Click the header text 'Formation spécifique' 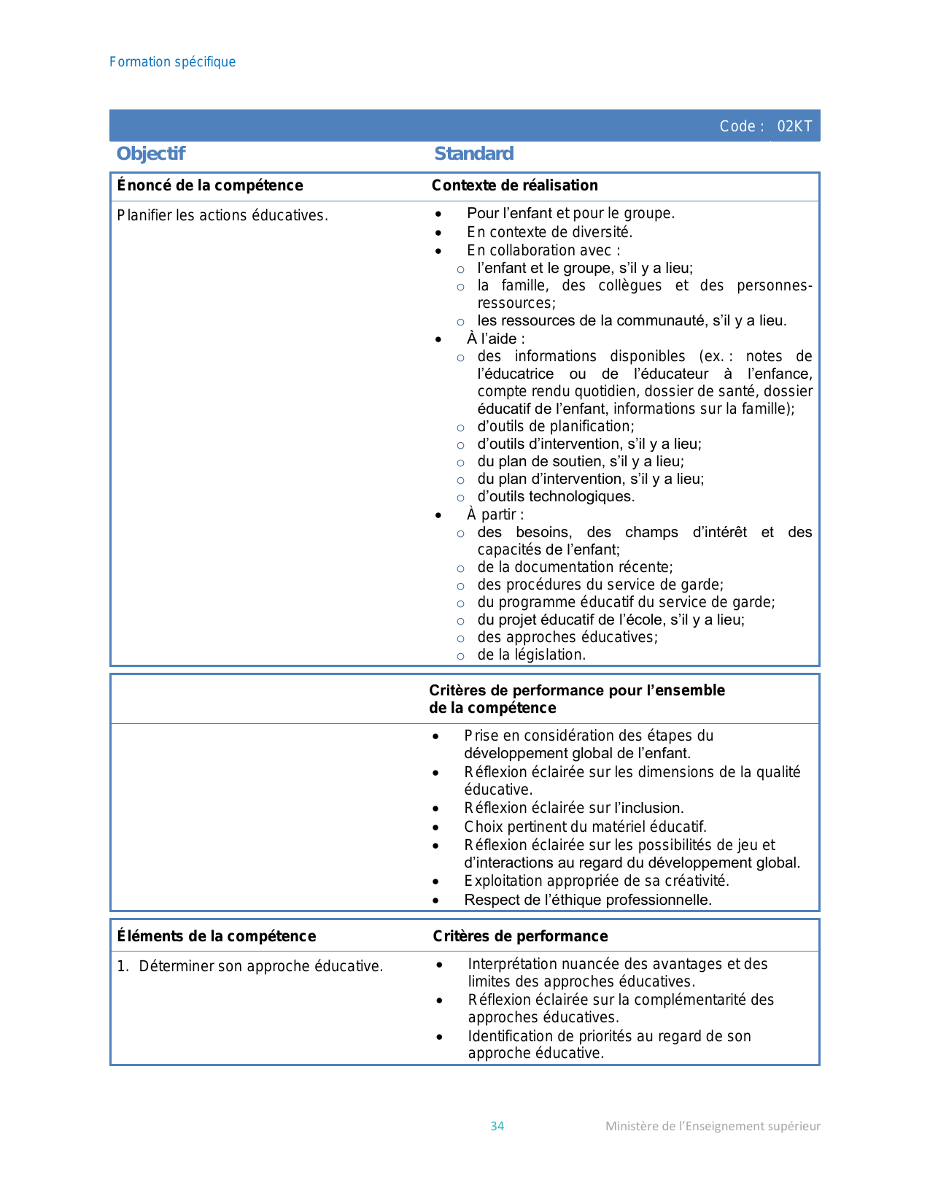click(172, 62)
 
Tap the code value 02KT click(794, 126)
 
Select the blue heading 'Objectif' click(151, 154)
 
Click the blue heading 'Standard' click(474, 154)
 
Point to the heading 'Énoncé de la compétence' click(210, 185)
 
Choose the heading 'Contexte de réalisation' click(515, 185)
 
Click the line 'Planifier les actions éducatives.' click(222, 215)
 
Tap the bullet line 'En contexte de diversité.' click(550, 232)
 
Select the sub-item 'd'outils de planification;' click(556, 426)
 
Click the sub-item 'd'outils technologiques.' click(556, 497)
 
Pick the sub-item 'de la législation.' click(532, 655)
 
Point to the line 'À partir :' click(495, 514)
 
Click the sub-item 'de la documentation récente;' click(576, 567)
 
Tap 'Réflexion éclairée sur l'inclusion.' click(574, 808)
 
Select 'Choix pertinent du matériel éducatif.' click(586, 827)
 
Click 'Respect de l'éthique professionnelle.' click(588, 900)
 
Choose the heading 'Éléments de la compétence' click(217, 936)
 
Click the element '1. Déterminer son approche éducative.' click(250, 966)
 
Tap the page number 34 click(497, 1126)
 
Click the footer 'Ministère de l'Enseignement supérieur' click(713, 1126)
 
